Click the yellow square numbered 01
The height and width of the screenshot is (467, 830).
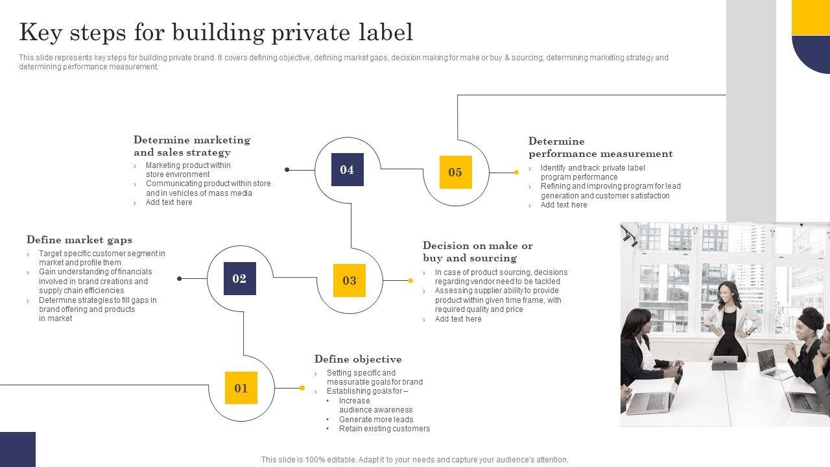pos(241,388)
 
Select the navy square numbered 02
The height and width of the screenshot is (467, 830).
pos(239,279)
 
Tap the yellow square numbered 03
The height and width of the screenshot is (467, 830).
pos(349,280)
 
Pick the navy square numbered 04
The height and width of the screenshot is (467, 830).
pos(347,170)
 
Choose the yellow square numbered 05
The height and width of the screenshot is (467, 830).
pos(455,172)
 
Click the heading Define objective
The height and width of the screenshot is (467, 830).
pos(358,359)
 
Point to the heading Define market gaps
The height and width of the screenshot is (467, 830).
pos(79,240)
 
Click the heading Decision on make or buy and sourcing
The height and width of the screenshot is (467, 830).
pos(477,252)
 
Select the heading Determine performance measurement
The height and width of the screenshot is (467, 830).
pos(600,147)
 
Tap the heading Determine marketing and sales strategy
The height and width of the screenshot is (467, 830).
pos(192,146)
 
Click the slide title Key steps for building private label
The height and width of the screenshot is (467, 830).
pos(216,32)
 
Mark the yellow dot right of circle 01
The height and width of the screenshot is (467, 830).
pos(302,388)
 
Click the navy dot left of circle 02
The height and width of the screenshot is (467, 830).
pos(180,279)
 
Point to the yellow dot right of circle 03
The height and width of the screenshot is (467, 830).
pos(410,281)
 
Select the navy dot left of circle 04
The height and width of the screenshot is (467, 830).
pos(287,170)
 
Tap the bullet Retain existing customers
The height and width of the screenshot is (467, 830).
pos(385,429)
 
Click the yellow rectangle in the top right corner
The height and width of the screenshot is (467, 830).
pos(811,17)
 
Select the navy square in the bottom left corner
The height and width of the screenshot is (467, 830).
pos(18,449)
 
